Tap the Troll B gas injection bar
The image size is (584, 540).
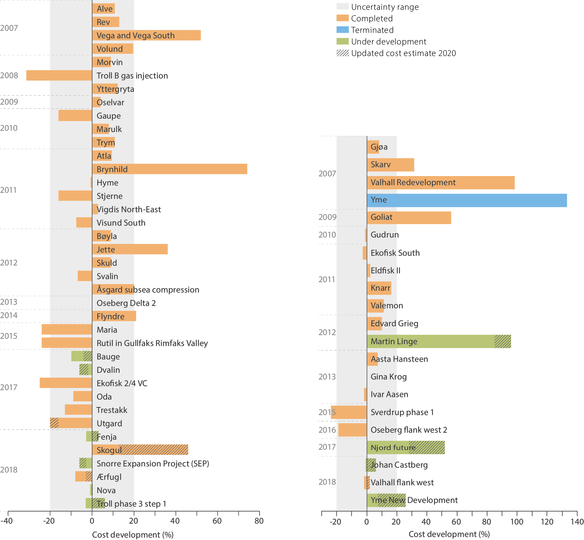tap(59, 75)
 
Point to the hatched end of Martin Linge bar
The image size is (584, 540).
tap(503, 341)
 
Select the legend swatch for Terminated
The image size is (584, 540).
tap(342, 30)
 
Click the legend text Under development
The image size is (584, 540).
tap(388, 41)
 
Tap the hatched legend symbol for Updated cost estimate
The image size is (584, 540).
tap(342, 53)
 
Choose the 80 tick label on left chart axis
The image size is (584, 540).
tap(259, 521)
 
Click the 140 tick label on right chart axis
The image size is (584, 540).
tap(577, 522)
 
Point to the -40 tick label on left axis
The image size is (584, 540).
tap(7, 521)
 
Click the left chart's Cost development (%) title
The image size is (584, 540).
tap(133, 535)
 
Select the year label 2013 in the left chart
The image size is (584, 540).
tap(9, 302)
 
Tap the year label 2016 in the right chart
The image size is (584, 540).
tap(327, 430)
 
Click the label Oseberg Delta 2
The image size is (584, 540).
tap(126, 303)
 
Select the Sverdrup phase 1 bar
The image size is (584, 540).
tap(349, 412)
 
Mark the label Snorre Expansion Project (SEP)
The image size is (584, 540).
tap(153, 464)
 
